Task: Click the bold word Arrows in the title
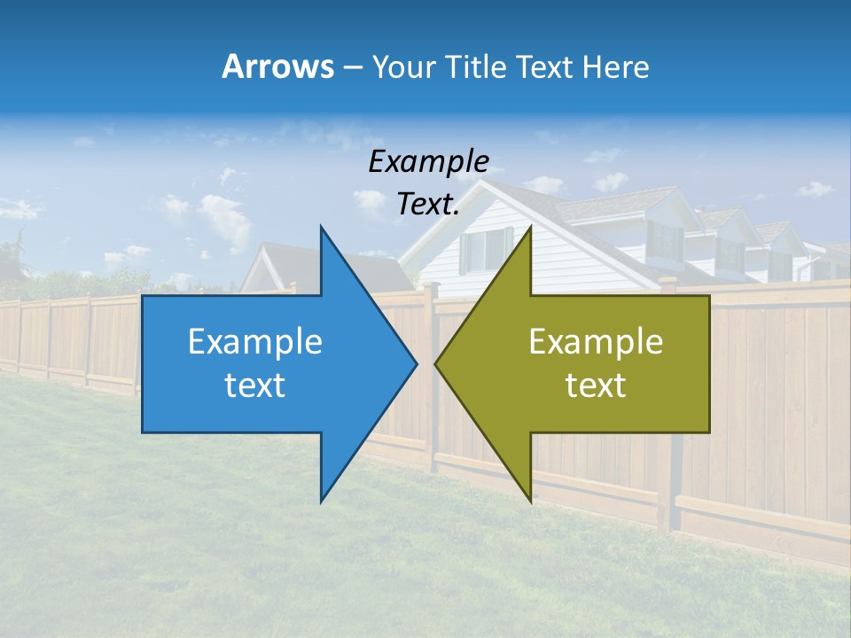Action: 277,66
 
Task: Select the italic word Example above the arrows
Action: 428,161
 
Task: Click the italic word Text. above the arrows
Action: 428,204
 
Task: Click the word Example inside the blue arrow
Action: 255,341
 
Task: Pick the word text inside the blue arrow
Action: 255,385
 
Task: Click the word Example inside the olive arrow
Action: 596,341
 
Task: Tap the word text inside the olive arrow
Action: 596,385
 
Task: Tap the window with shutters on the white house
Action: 486,250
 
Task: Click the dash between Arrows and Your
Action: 351,67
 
